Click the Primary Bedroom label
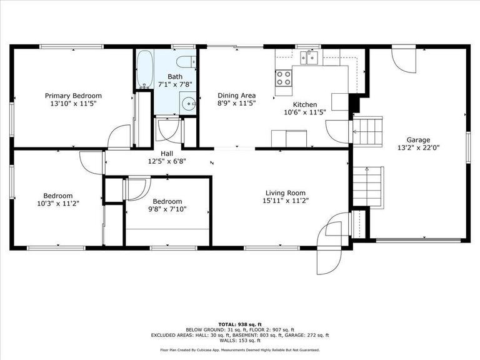point(73,96)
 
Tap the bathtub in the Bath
point(145,70)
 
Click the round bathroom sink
point(188,104)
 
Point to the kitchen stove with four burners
point(284,78)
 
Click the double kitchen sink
point(309,58)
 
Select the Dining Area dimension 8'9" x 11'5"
point(237,104)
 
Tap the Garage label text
point(418,140)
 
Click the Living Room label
point(285,193)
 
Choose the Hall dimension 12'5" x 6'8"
point(167,161)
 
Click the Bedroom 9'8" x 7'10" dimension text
point(167,209)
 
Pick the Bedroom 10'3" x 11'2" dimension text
point(58,203)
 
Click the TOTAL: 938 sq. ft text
point(240,324)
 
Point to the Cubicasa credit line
point(240,350)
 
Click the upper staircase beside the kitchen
point(367,132)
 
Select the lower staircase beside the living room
point(368,187)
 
